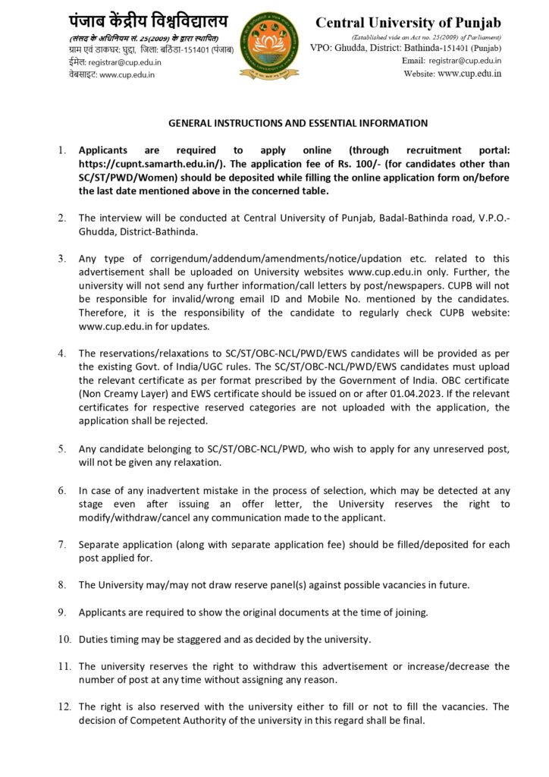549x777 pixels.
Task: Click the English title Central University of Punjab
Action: [408, 23]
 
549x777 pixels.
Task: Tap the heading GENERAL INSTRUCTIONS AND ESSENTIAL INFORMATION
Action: [298, 123]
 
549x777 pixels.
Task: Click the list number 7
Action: [62, 545]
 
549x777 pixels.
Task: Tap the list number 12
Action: [64, 706]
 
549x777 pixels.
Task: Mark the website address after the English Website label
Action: [469, 74]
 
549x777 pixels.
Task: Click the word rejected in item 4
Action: [166, 420]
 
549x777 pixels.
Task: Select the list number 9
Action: [62, 612]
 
